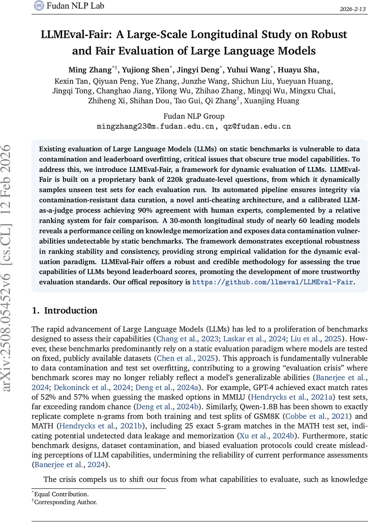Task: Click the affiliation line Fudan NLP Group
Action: tap(194, 116)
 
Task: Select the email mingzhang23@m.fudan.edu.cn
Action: tap(156, 127)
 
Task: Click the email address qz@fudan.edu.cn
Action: tap(257, 127)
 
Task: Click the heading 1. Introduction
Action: tap(65, 311)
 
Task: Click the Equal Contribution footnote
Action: tap(61, 494)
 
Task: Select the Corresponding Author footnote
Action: tap(65, 502)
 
